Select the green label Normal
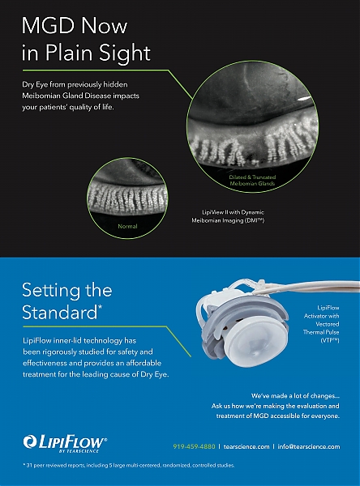pyautogui.click(x=127, y=226)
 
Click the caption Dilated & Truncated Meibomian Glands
pyautogui.click(x=252, y=180)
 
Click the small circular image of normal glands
pyautogui.click(x=127, y=198)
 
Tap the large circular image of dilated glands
pyautogui.click(x=252, y=126)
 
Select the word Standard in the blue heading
pyautogui.click(x=60, y=312)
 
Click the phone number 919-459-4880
pyautogui.click(x=194, y=446)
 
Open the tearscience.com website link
pyautogui.click(x=246, y=446)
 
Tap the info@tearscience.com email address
pyautogui.click(x=309, y=446)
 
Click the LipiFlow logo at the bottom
pyautogui.click(x=65, y=444)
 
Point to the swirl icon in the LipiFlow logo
pyautogui.click(x=29, y=441)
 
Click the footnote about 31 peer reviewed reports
pyautogui.click(x=129, y=465)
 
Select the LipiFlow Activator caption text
pyautogui.click(x=321, y=324)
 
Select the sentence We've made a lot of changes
pyautogui.click(x=295, y=396)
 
